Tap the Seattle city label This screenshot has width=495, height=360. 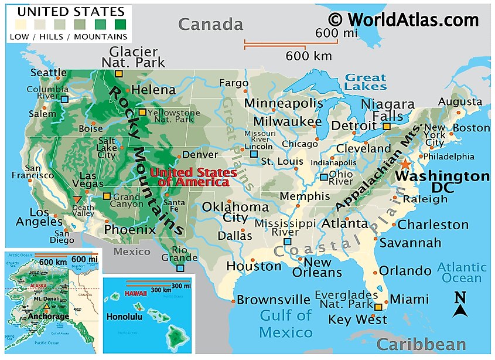[x=49, y=73]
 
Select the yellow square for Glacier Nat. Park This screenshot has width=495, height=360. [x=118, y=74]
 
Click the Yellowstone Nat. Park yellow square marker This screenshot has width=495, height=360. [x=142, y=112]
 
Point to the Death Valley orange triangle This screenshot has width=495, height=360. [x=78, y=199]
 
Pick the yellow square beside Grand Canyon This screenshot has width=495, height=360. [x=106, y=196]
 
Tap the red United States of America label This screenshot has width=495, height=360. [x=193, y=177]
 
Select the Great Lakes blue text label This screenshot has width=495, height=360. [x=366, y=81]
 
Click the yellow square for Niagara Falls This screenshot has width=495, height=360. [x=387, y=126]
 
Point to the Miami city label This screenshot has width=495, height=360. [x=409, y=300]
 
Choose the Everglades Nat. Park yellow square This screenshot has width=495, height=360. [x=378, y=307]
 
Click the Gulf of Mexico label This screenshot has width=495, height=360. [x=286, y=324]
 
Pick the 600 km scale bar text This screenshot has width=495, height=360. [x=309, y=56]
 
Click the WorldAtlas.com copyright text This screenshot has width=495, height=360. [x=404, y=20]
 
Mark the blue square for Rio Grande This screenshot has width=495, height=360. [x=180, y=269]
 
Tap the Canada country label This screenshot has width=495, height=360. [x=210, y=24]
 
